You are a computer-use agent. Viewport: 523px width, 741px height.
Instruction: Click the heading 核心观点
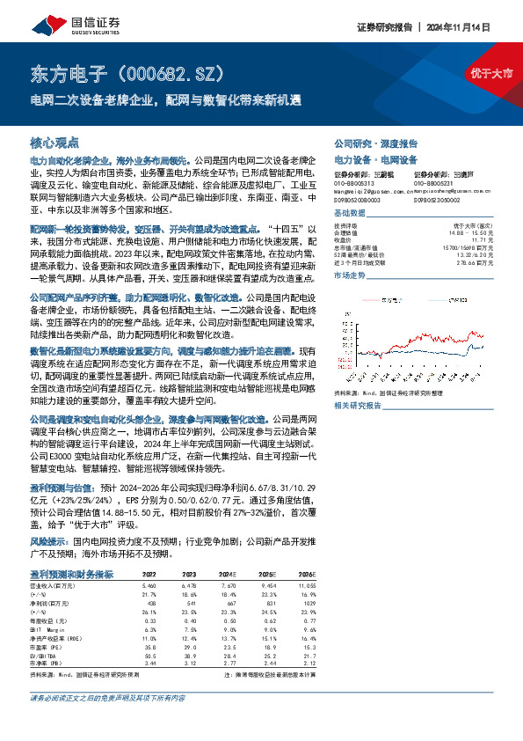pos(54,142)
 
